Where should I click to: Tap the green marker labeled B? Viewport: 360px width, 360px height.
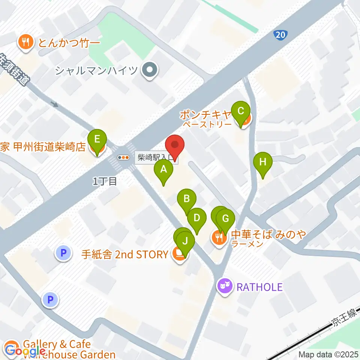pyautogui.click(x=187, y=198)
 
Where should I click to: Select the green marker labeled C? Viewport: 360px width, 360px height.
pyautogui.click(x=241, y=111)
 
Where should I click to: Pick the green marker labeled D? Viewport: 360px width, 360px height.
pyautogui.click(x=197, y=217)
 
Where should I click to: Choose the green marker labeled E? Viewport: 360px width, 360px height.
pyautogui.click(x=97, y=139)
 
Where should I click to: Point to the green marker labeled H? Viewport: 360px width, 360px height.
pyautogui.click(x=263, y=162)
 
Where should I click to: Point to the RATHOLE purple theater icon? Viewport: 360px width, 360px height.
pyautogui.click(x=225, y=287)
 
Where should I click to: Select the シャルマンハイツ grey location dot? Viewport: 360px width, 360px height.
pyautogui.click(x=150, y=70)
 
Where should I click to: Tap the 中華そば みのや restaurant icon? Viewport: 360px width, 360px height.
pyautogui.click(x=219, y=237)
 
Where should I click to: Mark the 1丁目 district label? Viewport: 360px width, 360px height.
pyautogui.click(x=105, y=182)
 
